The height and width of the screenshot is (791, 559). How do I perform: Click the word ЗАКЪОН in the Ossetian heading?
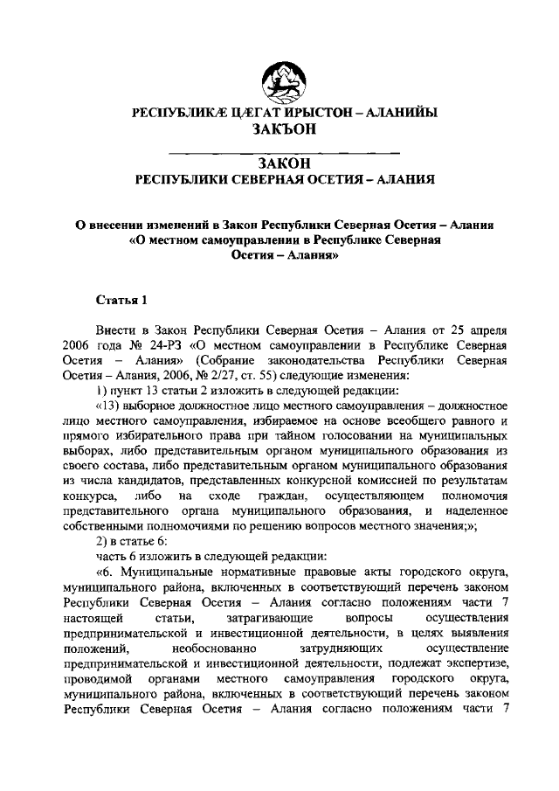279,129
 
